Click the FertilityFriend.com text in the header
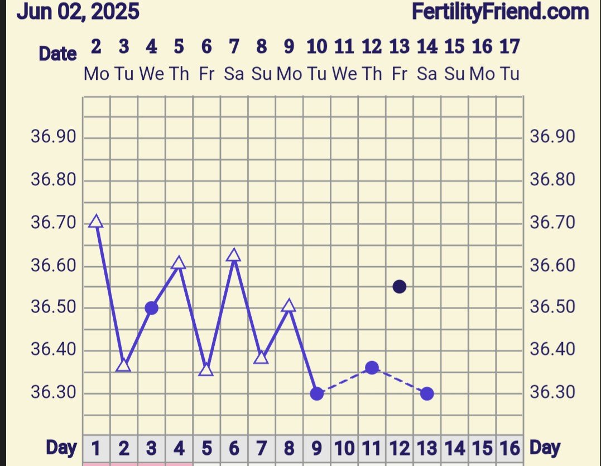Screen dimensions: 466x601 coord(500,11)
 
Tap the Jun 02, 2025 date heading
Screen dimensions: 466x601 coord(78,11)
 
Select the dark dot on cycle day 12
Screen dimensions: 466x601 coord(399,287)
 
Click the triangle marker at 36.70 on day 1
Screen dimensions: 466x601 coord(96,222)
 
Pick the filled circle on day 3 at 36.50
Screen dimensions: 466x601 coord(151,308)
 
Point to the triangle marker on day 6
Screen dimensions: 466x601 coord(234,256)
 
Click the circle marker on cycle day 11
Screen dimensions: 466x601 coord(372,368)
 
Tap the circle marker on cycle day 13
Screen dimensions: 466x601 coord(427,393)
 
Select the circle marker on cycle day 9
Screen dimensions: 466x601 coord(316,393)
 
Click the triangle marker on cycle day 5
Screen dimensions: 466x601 coord(206,370)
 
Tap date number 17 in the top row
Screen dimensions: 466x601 coord(509,47)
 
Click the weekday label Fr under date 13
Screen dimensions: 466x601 coord(399,74)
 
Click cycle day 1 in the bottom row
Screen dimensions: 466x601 coord(96,448)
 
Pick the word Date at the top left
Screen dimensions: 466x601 coord(57,54)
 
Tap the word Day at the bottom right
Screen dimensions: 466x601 coord(545,447)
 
